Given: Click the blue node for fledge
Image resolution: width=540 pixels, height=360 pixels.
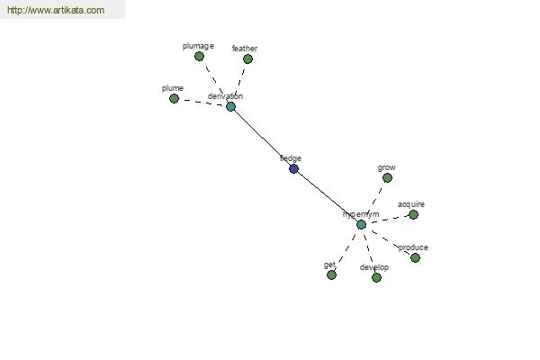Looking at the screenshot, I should [x=293, y=168].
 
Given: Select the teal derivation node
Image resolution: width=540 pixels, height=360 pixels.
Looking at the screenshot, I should [x=230, y=106].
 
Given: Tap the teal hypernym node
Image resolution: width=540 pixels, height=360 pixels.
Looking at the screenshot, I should [x=361, y=224].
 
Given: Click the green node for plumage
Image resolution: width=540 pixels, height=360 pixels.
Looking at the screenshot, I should [x=199, y=56].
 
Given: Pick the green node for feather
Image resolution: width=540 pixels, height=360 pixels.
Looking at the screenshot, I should [x=247, y=59].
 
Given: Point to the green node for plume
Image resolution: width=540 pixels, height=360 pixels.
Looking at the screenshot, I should [x=174, y=98].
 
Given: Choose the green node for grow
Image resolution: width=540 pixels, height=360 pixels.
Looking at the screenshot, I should [x=387, y=177].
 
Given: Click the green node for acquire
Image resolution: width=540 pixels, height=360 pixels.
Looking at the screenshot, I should [x=413, y=214].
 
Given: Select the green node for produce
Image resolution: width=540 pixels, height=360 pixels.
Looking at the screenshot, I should [x=415, y=257].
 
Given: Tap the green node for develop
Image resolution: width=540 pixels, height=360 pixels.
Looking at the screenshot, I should [x=376, y=277].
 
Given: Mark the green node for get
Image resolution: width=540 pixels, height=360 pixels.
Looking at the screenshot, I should [x=331, y=274].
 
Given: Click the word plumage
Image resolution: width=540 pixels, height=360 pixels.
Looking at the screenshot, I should [x=198, y=45].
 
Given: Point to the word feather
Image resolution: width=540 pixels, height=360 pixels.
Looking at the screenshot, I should [x=245, y=49].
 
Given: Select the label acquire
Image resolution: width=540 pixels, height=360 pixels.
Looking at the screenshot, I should [x=411, y=204].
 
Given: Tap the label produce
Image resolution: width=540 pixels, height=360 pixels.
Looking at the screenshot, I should [x=413, y=247].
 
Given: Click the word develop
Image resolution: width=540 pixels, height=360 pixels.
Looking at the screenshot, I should [x=374, y=267].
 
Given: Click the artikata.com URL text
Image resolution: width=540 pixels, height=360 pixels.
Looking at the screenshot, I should [x=55, y=11].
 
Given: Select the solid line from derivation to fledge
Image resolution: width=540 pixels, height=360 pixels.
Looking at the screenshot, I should [x=262, y=137].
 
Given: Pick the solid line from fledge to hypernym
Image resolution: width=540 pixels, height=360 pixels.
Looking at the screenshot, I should [x=327, y=196].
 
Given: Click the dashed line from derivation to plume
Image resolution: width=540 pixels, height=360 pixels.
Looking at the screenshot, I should [x=202, y=102].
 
